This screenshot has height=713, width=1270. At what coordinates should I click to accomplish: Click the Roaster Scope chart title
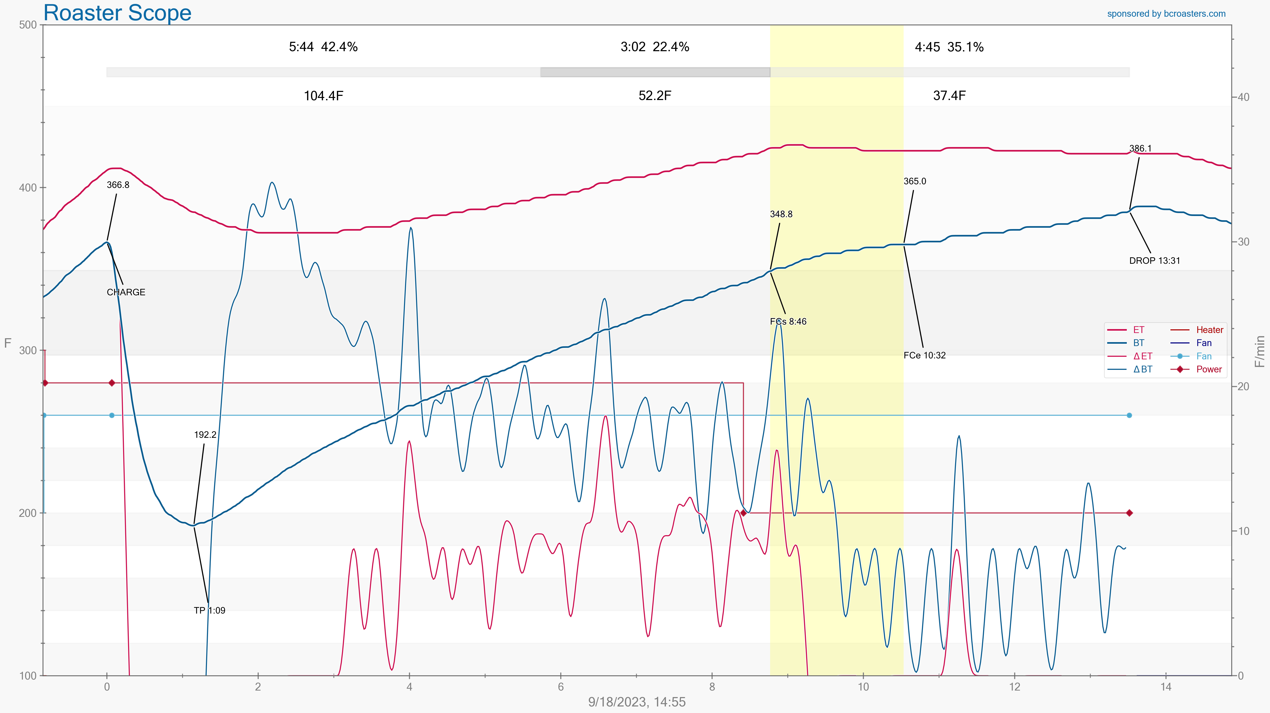117,13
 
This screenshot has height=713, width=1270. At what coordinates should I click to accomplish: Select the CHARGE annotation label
126,292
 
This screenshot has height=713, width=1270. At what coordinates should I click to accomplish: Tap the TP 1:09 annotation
210,611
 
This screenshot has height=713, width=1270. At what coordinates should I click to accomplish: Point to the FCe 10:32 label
924,355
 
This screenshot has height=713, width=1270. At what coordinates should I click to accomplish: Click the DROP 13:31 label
1155,261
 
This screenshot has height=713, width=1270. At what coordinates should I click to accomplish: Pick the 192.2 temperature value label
205,435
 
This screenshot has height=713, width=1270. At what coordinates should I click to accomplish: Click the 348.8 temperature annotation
781,214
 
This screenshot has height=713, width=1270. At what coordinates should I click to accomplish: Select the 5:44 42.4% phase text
323,47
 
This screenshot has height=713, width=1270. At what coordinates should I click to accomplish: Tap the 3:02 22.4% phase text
655,47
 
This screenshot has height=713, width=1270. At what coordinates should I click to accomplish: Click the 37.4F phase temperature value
949,96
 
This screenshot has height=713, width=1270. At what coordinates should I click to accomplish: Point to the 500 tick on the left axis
28,25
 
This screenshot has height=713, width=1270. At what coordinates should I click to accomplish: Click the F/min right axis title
1260,351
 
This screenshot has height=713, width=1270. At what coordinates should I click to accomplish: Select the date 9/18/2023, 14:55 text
637,702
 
